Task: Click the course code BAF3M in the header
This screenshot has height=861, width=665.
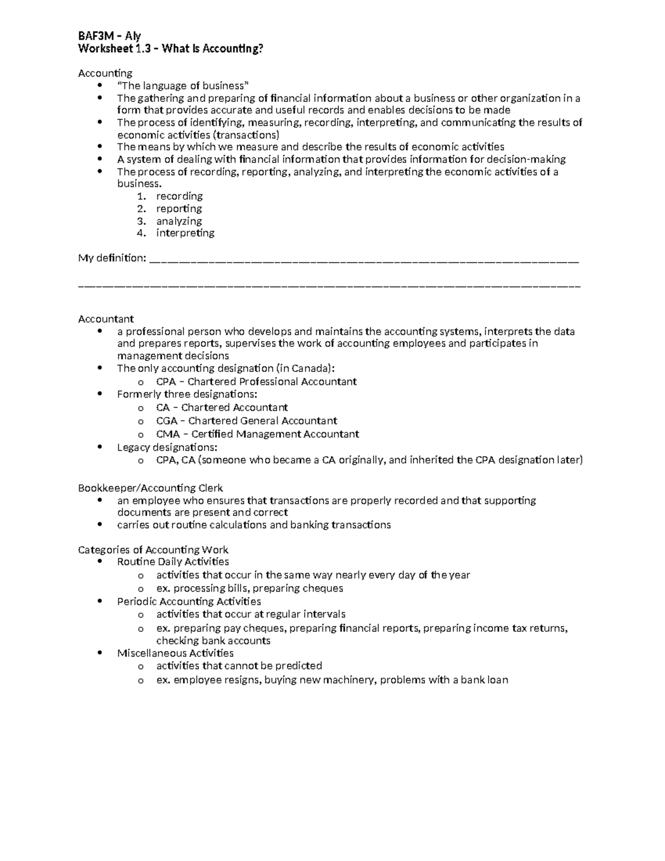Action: [94, 36]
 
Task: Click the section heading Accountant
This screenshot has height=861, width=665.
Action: [106, 319]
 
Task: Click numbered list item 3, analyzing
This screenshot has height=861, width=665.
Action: [179, 221]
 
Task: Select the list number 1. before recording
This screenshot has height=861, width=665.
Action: [142, 196]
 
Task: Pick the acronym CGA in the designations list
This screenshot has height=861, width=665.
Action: [167, 421]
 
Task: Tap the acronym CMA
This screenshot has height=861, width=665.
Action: [168, 434]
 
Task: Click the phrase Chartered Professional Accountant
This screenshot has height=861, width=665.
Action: [272, 381]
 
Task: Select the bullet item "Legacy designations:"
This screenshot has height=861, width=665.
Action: [167, 447]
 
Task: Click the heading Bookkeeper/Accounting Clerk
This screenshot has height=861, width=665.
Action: [150, 488]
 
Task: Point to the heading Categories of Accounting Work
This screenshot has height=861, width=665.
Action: [153, 549]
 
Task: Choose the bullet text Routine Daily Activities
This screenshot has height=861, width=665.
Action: [173, 562]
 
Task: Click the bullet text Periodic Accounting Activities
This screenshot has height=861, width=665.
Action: [189, 601]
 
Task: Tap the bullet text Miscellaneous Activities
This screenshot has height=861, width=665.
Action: [175, 653]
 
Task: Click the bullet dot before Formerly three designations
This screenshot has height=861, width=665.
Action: [99, 394]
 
